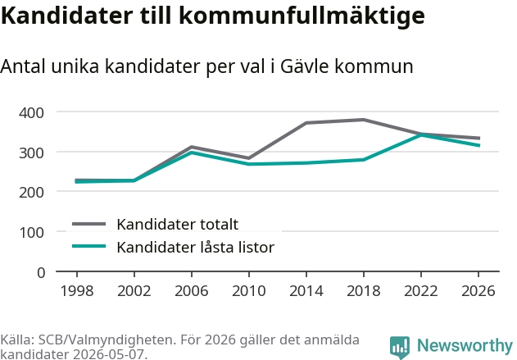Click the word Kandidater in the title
click(66, 16)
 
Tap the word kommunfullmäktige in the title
click(302, 16)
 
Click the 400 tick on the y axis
click(31, 113)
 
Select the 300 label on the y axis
click(31, 153)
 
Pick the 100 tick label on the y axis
click(31, 233)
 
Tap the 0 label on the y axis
click(41, 273)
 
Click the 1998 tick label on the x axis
click(77, 290)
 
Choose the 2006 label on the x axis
click(191, 290)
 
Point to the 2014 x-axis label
click(306, 290)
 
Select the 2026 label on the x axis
click(478, 290)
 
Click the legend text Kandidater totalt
click(178, 225)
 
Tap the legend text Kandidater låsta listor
click(196, 247)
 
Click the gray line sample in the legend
click(88, 224)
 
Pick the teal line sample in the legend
click(88, 246)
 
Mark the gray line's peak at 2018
click(363, 120)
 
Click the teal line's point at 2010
click(249, 164)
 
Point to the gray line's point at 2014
click(306, 123)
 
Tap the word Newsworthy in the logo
click(465, 346)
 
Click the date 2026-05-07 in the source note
click(108, 354)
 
